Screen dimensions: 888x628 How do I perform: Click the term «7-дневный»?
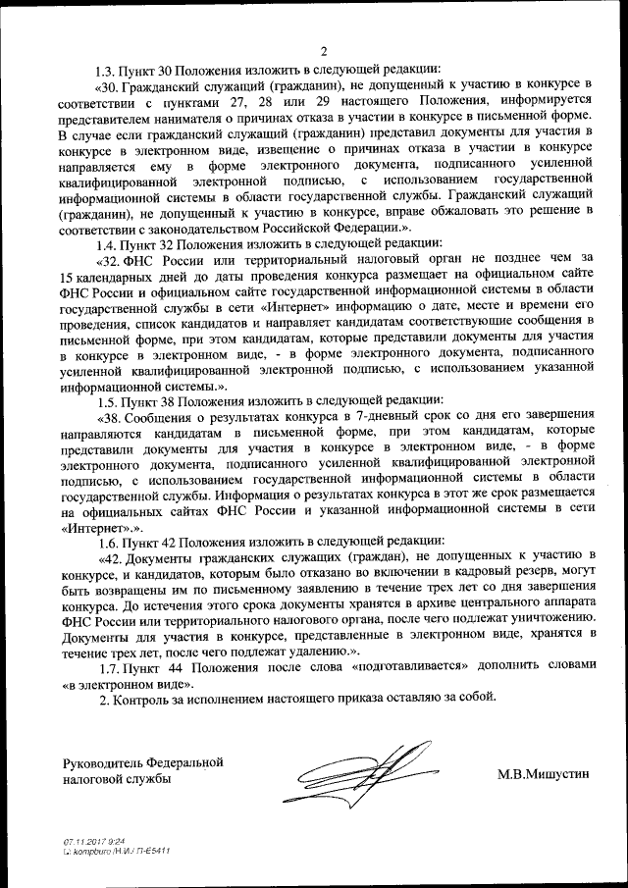(x=369, y=419)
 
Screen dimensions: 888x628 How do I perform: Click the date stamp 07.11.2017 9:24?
(x=87, y=841)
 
